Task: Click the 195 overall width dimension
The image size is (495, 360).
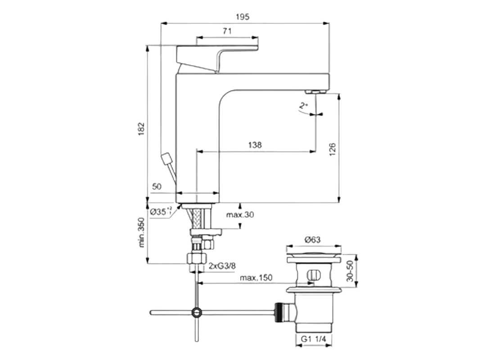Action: coord(243,17)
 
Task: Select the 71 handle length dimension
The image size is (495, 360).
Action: coord(227,31)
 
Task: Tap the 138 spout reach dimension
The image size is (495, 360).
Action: coord(255,145)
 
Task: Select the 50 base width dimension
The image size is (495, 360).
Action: coord(157,186)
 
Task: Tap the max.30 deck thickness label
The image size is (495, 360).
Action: coord(240,215)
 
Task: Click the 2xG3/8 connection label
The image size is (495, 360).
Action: coord(222,266)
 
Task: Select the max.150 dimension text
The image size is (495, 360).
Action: coord(256,278)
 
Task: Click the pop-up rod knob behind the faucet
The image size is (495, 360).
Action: coord(166,159)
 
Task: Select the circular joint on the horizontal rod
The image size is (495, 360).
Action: coord(196,312)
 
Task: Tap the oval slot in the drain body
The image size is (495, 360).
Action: coord(313,274)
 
